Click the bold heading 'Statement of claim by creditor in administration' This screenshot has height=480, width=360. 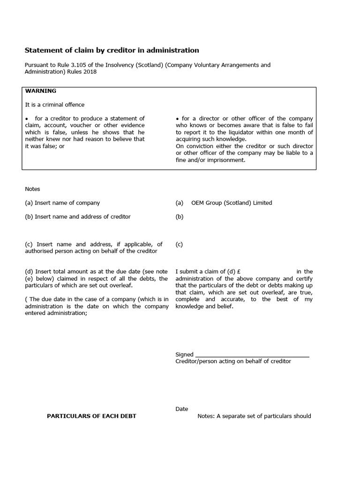112,50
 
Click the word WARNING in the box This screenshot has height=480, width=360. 40,91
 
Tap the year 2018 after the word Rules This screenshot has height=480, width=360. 90,72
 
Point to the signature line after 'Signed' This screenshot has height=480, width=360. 252,355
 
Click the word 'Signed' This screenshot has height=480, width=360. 184,355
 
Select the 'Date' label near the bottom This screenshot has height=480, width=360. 181,409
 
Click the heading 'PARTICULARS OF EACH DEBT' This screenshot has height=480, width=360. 91,416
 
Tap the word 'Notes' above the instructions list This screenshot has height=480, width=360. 32,189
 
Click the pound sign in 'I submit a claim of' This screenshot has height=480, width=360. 239,271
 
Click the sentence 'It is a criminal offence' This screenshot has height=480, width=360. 55,105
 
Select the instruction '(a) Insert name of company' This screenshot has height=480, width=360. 62,203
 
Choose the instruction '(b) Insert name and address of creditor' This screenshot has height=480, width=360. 78,217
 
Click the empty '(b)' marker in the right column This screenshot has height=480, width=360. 180,217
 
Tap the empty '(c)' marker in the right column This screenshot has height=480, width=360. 179,244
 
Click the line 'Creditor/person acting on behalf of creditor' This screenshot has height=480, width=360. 233,361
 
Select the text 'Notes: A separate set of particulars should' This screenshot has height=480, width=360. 254,416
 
